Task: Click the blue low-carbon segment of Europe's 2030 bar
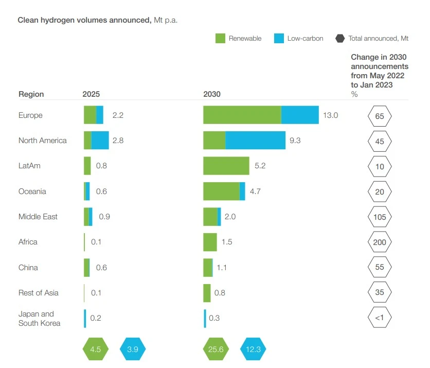(300, 115)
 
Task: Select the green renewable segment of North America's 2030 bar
(214, 140)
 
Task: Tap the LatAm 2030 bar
(226, 166)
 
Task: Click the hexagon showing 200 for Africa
(380, 242)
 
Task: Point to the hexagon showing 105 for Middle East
(380, 217)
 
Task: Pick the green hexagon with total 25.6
(216, 349)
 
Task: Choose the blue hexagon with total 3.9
(133, 349)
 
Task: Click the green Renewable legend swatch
(220, 39)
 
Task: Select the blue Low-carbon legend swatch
(279, 39)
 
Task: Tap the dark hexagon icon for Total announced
(339, 39)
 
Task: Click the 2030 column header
(212, 94)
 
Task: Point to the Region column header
(31, 94)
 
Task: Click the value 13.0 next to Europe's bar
(330, 115)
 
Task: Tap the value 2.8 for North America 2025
(118, 141)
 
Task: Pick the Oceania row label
(32, 191)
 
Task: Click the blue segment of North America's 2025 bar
(100, 140)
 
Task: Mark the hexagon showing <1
(380, 318)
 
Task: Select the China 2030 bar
(208, 268)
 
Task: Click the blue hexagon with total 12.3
(253, 349)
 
